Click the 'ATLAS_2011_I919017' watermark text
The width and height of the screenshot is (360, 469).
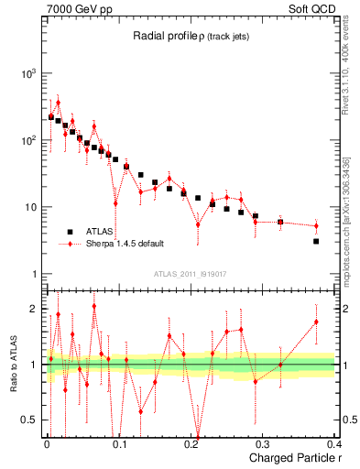190,273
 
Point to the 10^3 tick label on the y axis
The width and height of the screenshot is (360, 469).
29,73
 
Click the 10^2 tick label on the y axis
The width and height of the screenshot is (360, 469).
29,140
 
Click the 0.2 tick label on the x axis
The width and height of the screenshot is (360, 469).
191,444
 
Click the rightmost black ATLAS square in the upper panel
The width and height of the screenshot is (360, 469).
316,241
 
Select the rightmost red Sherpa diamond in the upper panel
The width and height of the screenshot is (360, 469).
316,225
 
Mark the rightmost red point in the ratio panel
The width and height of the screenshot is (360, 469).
316,322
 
